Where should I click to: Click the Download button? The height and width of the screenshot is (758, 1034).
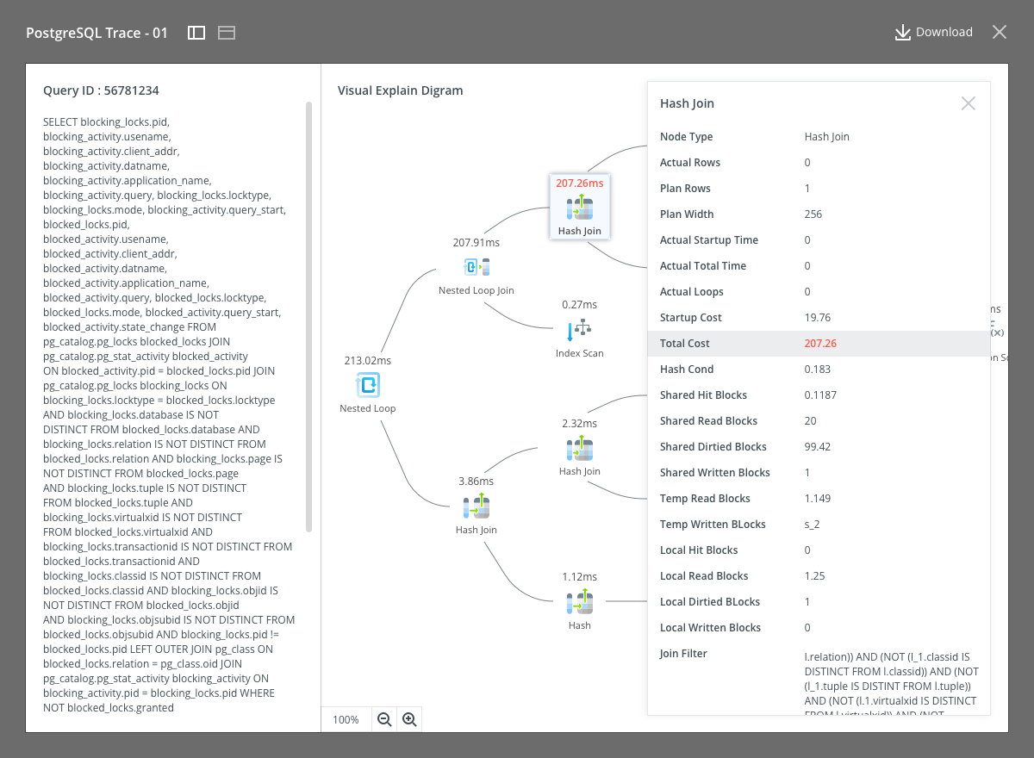click(933, 32)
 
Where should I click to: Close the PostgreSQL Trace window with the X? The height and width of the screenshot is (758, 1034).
click(1000, 32)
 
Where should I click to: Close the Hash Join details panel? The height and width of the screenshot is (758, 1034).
click(968, 103)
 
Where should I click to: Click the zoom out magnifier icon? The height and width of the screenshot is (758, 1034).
click(384, 719)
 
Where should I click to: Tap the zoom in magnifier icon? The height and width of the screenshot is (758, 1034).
click(409, 719)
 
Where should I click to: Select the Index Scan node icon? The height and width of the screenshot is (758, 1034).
click(579, 329)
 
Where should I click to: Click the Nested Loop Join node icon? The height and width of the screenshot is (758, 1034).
click(477, 267)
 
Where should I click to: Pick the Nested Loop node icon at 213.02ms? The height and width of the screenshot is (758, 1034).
click(368, 384)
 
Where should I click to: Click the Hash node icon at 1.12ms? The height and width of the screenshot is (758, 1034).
click(580, 601)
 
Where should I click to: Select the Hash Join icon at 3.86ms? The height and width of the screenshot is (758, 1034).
click(477, 506)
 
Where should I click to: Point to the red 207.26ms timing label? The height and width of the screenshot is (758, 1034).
click(579, 183)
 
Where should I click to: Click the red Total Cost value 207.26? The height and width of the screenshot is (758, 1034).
click(820, 343)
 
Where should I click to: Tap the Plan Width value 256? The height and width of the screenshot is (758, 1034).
click(813, 214)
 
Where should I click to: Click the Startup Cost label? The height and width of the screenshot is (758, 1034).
click(690, 317)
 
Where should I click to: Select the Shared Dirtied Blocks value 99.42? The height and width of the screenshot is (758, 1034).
click(817, 446)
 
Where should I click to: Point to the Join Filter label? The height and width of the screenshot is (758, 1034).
click(683, 653)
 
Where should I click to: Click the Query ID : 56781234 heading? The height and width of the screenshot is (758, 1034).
click(101, 90)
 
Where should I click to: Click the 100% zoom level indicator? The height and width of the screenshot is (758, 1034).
click(346, 720)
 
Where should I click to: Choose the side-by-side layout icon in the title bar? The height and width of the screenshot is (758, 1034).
click(196, 33)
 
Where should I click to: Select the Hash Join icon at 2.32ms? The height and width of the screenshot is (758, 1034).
click(580, 450)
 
